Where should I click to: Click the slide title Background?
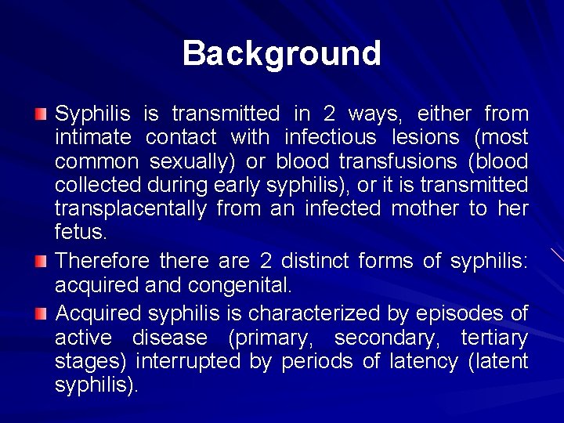click(282, 53)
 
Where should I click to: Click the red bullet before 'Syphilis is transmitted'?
click(41, 115)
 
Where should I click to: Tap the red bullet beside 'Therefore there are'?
click(41, 261)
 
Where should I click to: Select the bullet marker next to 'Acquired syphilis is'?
click(41, 314)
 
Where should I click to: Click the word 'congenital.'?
click(237, 284)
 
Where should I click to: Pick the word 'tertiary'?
click(493, 338)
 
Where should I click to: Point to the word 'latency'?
click(414, 362)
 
